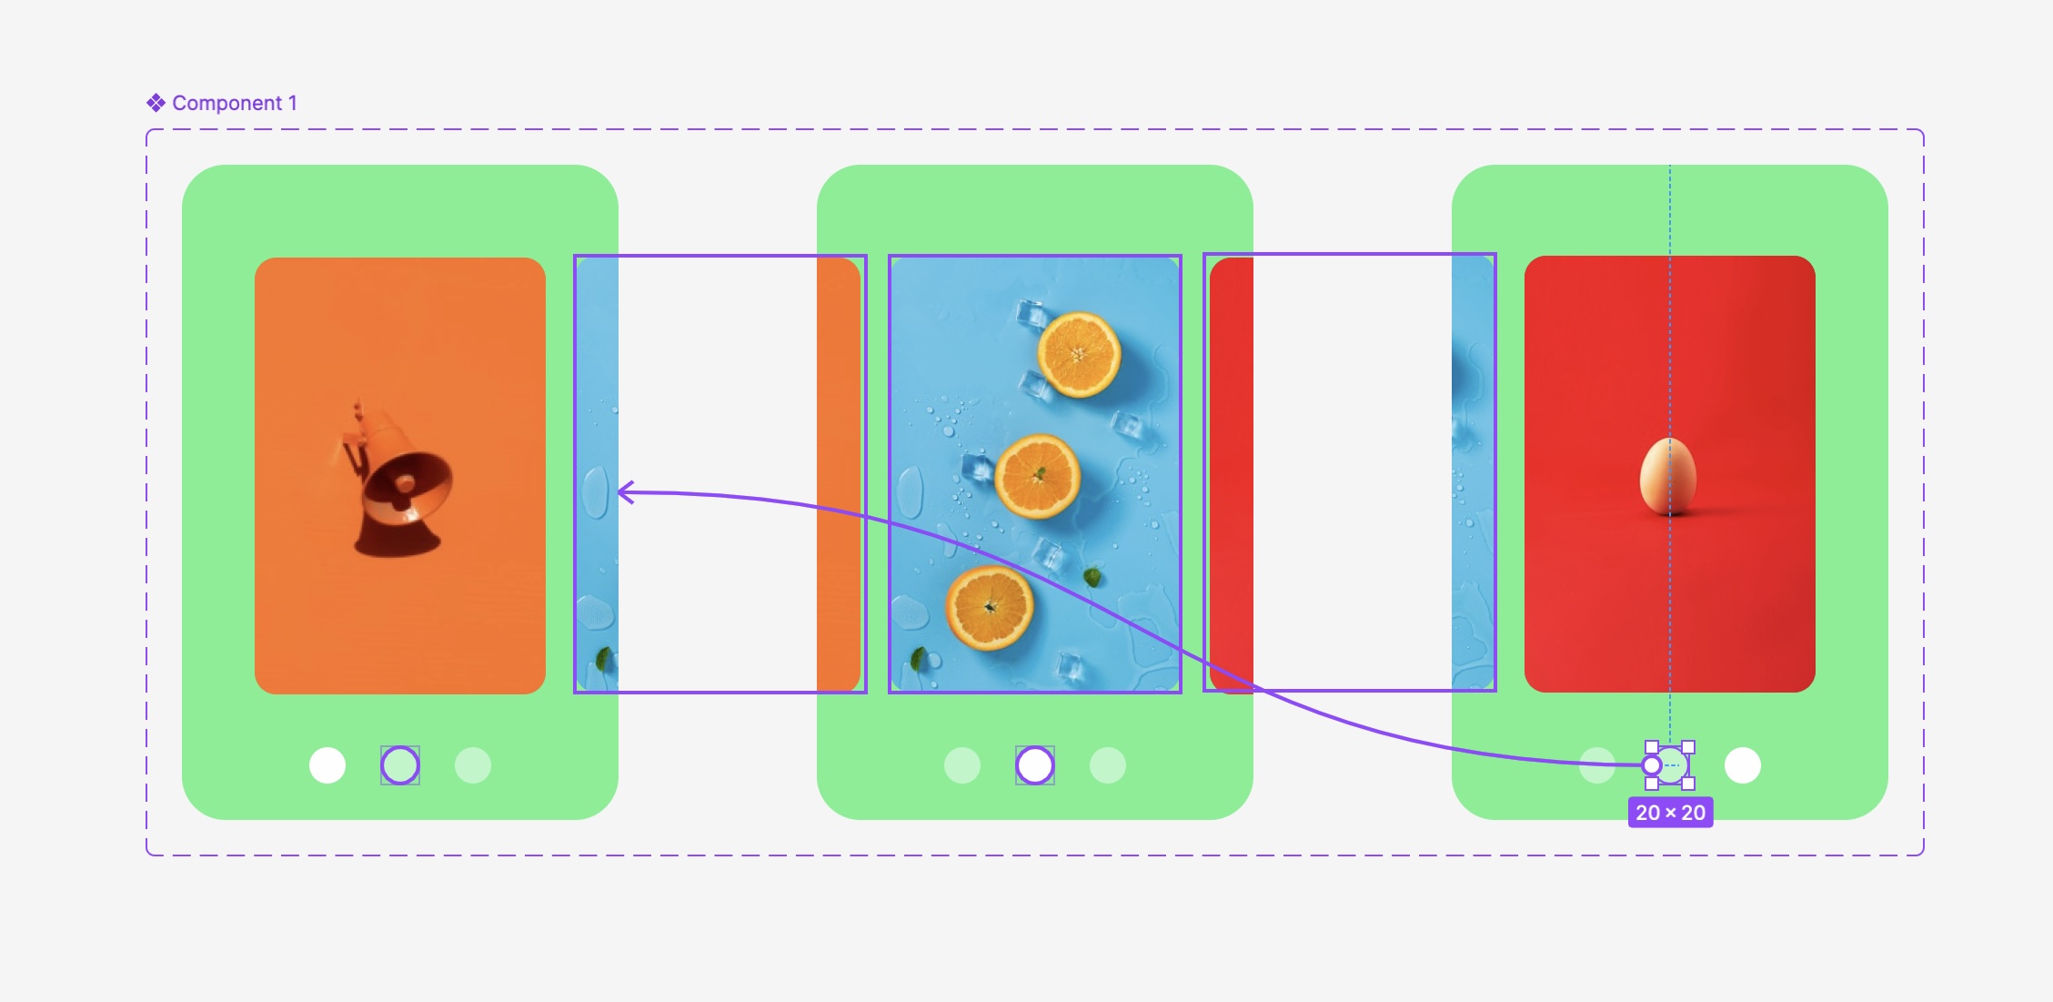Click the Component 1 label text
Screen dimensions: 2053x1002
pos(234,103)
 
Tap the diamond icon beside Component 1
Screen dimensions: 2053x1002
pos(156,103)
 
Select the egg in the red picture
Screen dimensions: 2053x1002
pos(1668,476)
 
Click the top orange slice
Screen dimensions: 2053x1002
pos(1079,354)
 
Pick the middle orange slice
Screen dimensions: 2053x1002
pos(1038,476)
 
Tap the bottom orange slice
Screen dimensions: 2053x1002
pos(990,607)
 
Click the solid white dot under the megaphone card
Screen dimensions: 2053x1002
pos(327,765)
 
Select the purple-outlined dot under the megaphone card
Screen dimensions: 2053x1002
pos(400,765)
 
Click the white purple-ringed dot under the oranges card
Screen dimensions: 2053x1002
pos(1035,765)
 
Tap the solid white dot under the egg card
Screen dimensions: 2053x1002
pos(1743,765)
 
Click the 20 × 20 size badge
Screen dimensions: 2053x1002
pos(1670,813)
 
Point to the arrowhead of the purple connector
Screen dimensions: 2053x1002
pos(624,492)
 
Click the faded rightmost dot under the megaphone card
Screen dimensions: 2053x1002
pos(473,765)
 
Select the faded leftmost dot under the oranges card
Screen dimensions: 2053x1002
pos(962,765)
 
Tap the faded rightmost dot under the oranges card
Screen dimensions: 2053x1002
pos(1108,765)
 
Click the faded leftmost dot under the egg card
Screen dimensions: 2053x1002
pos(1597,765)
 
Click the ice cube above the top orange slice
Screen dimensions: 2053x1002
pos(1032,316)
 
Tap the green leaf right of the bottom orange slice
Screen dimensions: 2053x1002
pos(1092,576)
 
